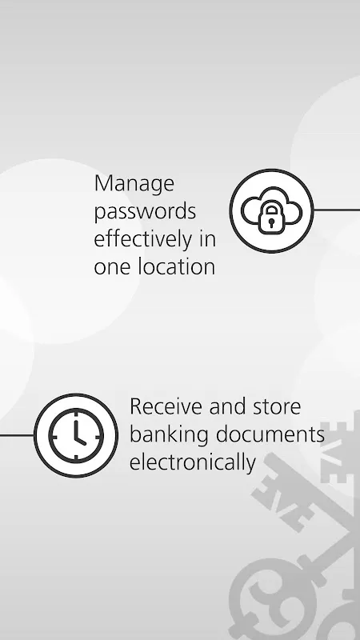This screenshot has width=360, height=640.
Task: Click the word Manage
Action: coord(134,185)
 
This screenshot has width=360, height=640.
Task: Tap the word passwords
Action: coord(145,212)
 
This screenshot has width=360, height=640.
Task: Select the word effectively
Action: coord(143,239)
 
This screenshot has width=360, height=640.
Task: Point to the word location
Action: coord(176,266)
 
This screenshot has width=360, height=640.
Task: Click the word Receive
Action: coord(166,406)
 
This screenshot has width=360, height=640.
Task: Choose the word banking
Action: coord(169,435)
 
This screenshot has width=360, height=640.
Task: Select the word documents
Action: coord(270,434)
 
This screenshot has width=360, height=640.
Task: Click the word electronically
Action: coord(193,463)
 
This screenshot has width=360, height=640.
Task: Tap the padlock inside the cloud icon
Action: coord(271,219)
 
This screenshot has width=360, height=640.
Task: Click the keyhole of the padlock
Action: coord(271,222)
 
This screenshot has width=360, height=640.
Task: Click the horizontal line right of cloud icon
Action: coord(337,210)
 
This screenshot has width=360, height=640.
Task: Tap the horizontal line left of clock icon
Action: coord(17,435)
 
